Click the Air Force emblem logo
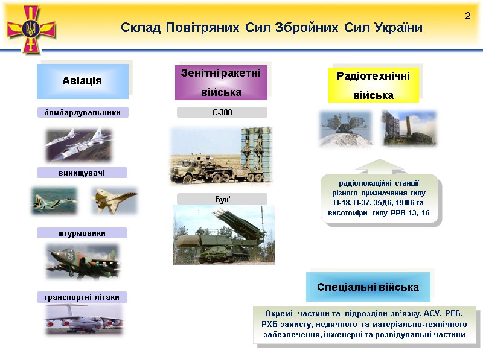[31, 28]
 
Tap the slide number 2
[467, 15]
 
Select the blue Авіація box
[83, 81]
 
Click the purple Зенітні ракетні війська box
[221, 83]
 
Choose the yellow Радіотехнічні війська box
[373, 85]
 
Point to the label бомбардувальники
[83, 112]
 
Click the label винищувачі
[83, 173]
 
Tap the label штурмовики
[83, 233]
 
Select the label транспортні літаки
[83, 297]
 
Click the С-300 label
[222, 112]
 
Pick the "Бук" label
[222, 199]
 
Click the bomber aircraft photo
[78, 145]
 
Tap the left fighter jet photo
[54, 201]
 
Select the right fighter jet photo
[115, 201]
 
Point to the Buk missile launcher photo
[223, 235]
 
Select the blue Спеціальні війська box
[368, 286]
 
